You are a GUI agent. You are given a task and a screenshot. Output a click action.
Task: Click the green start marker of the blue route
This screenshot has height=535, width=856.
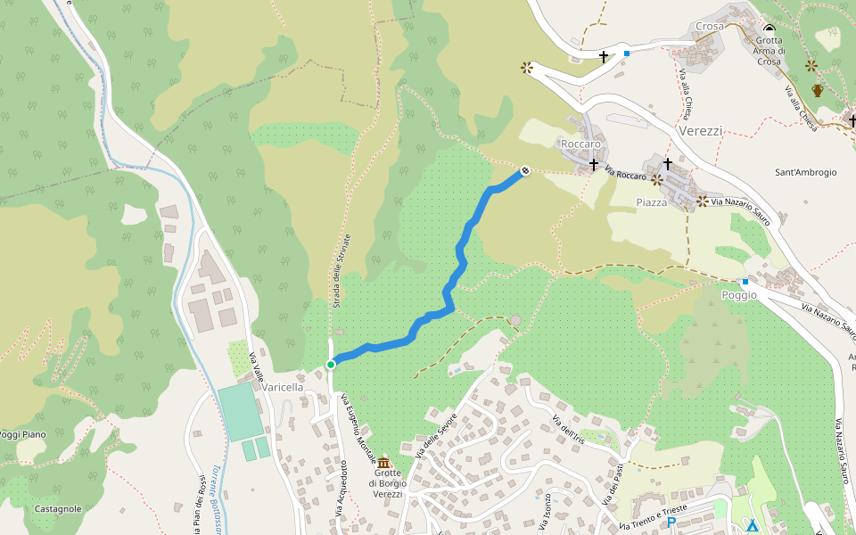click(x=331, y=364)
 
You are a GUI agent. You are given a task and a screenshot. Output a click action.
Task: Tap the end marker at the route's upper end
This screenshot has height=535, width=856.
click(x=525, y=169)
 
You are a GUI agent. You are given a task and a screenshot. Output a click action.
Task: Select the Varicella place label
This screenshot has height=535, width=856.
click(x=283, y=388)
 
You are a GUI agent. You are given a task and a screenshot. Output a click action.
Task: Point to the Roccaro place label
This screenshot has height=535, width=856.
click(x=580, y=144)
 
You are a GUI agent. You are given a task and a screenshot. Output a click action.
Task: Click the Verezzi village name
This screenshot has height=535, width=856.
click(x=700, y=130)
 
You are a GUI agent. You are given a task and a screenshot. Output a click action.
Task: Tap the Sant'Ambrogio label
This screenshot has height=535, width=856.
click(x=806, y=172)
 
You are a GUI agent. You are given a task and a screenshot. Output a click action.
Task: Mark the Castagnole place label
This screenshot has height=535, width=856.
click(x=57, y=509)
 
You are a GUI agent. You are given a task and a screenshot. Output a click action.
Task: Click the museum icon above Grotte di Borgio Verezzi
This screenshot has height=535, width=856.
click(x=383, y=463)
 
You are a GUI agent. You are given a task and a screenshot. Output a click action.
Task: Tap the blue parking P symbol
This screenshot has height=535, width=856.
click(x=671, y=523)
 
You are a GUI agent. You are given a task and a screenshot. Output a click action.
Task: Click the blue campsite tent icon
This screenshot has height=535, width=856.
click(x=752, y=524)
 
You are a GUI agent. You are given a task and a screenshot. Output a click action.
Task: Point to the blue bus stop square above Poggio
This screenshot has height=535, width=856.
click(x=745, y=282)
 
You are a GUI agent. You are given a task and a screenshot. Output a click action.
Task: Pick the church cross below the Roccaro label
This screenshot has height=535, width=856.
click(x=593, y=164)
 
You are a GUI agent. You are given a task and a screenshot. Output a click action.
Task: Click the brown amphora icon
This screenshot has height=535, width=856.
click(x=818, y=90)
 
